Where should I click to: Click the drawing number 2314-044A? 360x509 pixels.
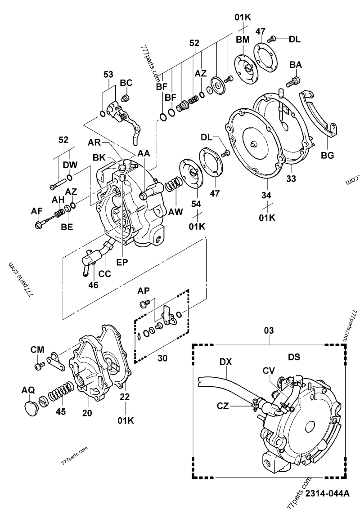tap(327, 493)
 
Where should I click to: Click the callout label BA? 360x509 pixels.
tap(295, 65)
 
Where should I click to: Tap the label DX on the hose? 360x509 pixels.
tap(226, 361)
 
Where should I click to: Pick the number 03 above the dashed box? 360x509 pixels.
tap(269, 331)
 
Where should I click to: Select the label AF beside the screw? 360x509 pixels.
tap(37, 210)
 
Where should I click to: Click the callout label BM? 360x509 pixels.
tap(242, 40)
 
